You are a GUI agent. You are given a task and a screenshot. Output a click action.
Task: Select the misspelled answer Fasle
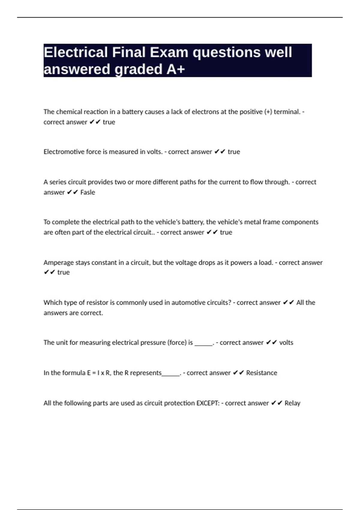pyautogui.click(x=88, y=192)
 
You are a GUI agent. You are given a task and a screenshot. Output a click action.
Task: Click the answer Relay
pyautogui.click(x=292, y=403)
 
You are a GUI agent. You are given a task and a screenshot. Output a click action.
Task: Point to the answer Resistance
pyautogui.click(x=262, y=373)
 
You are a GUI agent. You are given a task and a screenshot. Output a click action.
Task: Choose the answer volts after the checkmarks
pyautogui.click(x=286, y=343)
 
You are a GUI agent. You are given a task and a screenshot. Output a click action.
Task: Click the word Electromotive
pyautogui.click(x=64, y=152)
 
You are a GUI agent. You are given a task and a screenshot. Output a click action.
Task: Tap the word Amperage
pyautogui.click(x=58, y=262)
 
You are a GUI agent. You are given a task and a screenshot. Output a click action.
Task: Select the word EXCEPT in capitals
pyautogui.click(x=208, y=403)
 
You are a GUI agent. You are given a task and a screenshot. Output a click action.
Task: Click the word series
pyautogui.click(x=58, y=182)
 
